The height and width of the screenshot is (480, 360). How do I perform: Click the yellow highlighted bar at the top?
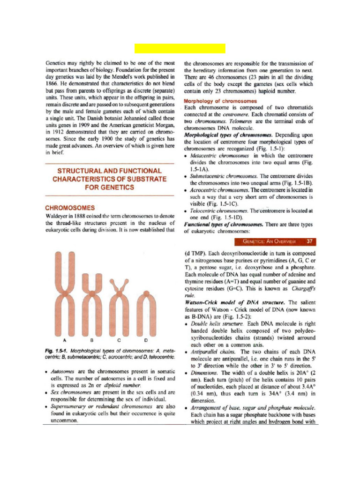click(x=180, y=48)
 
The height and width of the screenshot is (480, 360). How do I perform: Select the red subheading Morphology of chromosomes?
click(x=220, y=101)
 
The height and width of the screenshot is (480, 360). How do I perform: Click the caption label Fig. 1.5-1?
click(x=56, y=350)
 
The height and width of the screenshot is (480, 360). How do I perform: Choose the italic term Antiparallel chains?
click(x=215, y=352)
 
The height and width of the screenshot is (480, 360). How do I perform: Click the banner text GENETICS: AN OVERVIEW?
click(x=269, y=242)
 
